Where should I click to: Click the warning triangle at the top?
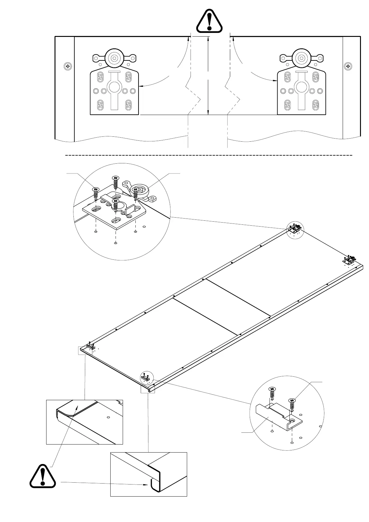209,21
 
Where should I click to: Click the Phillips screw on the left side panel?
68,66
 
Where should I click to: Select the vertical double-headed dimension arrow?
208,76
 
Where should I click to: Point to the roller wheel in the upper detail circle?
140,190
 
